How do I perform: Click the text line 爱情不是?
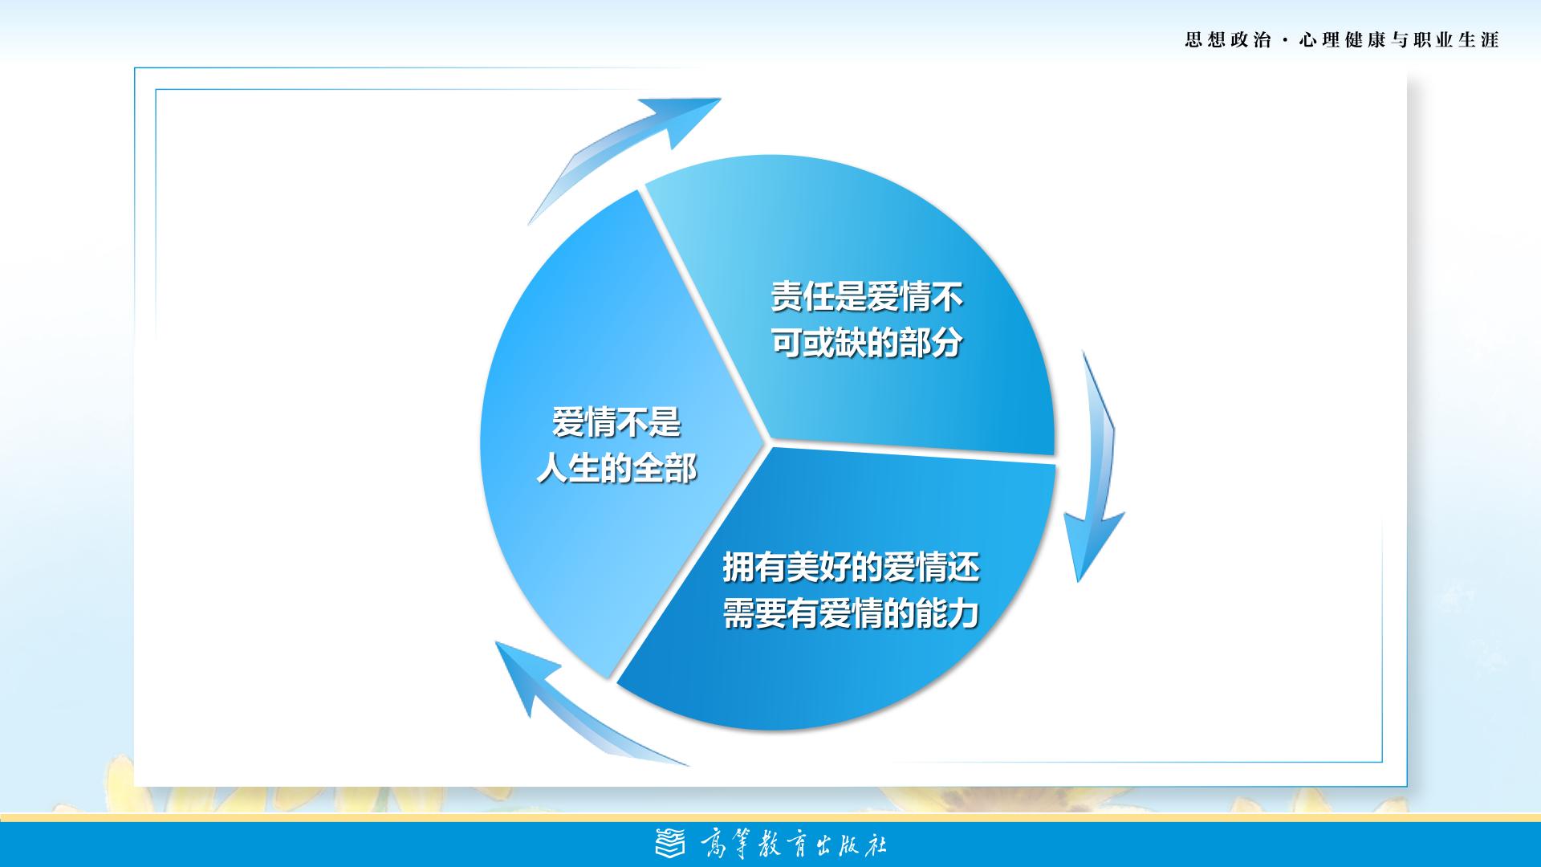[616, 423]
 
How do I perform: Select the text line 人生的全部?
[616, 469]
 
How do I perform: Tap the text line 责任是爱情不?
[867, 297]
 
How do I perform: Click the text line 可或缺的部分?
[867, 343]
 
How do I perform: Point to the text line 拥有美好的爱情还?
[852, 568]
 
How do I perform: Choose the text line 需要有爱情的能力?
[852, 614]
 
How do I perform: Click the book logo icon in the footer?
[671, 844]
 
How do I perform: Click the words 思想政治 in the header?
[1228, 40]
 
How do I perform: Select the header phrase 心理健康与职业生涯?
[1400, 40]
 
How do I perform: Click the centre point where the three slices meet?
[768, 442]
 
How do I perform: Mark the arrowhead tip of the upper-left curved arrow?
[721, 99]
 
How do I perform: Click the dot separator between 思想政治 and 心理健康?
[1286, 40]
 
